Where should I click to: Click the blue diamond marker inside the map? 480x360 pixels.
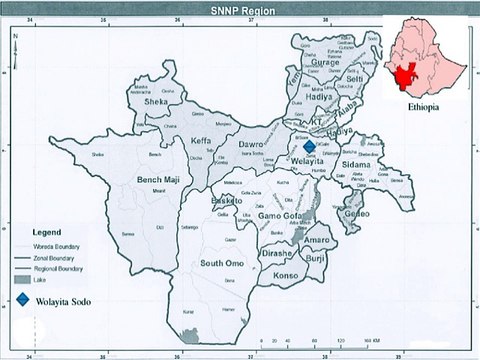[x=308, y=146]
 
